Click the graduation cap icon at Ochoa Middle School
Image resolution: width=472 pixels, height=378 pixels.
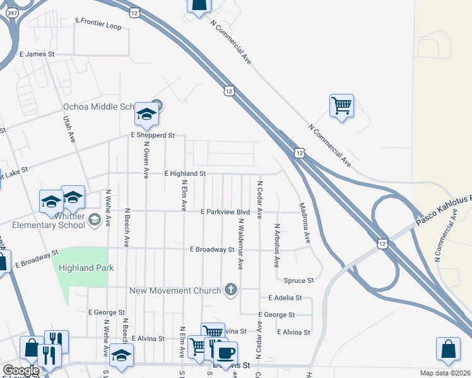pyautogui.click(x=146, y=113)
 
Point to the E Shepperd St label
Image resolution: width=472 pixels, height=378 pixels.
pyautogui.click(x=152, y=135)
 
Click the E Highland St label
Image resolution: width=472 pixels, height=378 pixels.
pyautogui.click(x=185, y=173)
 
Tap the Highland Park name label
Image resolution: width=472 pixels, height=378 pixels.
pyautogui.click(x=86, y=268)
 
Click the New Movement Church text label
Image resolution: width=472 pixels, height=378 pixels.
pyautogui.click(x=175, y=290)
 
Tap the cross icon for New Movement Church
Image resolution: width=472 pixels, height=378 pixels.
pyautogui.click(x=232, y=290)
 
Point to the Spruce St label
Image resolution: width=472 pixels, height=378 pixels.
pyautogui.click(x=298, y=280)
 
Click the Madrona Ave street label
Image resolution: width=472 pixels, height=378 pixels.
pyautogui.click(x=304, y=223)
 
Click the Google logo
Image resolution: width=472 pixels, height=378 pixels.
pyautogui.click(x=21, y=371)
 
